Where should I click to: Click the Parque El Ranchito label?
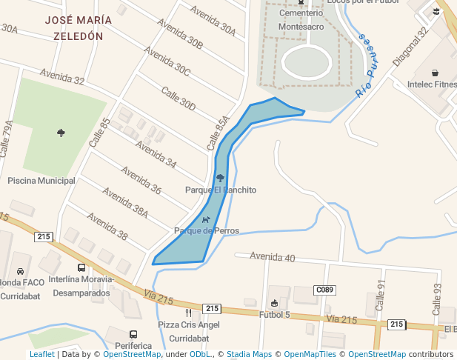221,190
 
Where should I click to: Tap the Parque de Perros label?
207,230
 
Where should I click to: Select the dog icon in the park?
205,219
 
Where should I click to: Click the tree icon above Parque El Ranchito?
220,178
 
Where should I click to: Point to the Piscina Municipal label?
41,181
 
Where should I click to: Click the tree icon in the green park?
61,133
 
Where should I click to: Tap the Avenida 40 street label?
273,257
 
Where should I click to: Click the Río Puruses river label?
367,66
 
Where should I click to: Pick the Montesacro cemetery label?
301,27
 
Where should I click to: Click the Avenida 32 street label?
62,77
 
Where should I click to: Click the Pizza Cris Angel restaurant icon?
188,313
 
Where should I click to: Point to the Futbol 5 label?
275,315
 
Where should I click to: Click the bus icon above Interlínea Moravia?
81,268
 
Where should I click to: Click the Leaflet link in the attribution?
42,354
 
